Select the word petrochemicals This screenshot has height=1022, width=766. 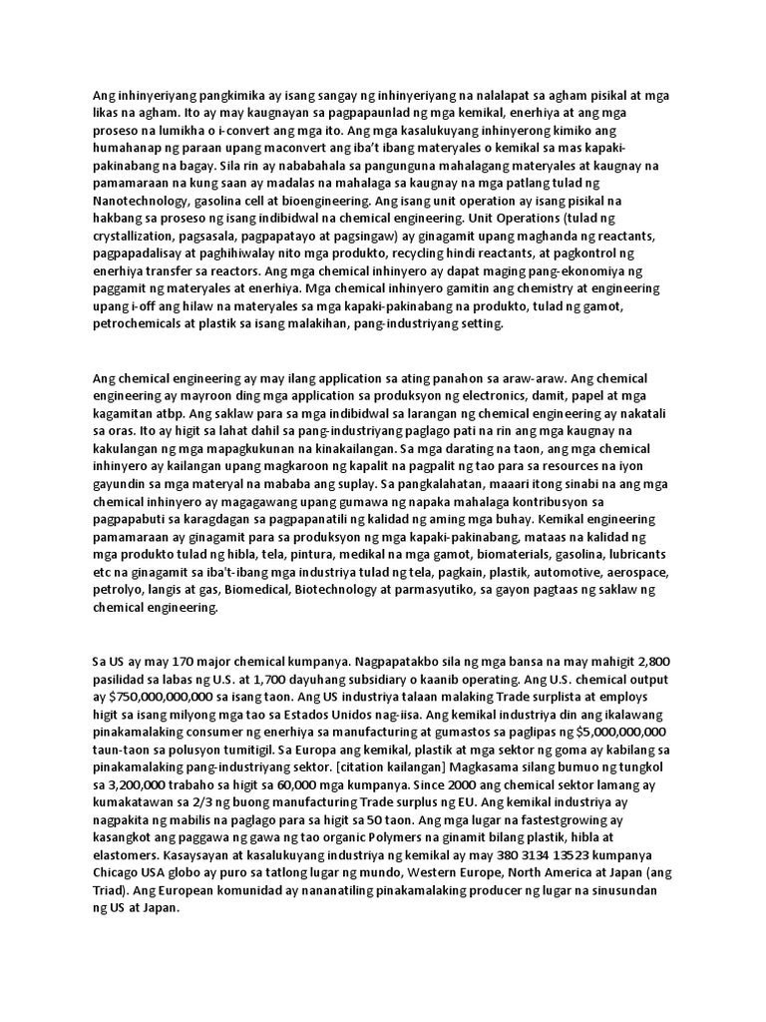point(139,323)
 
